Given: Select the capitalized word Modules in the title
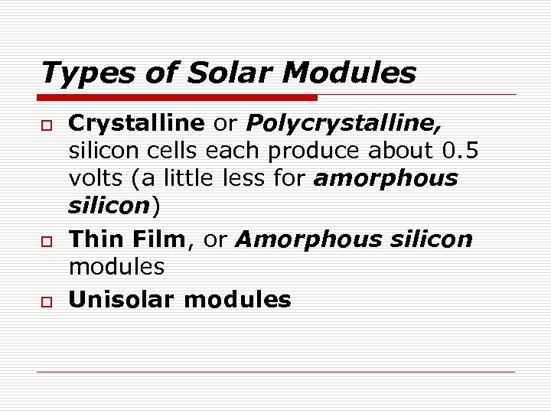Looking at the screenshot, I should pyautogui.click(x=349, y=73).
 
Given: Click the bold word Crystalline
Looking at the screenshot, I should pyautogui.click(x=136, y=122).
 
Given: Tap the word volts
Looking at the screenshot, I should pyautogui.click(x=96, y=178).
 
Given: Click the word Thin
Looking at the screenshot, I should pyautogui.click(x=95, y=239).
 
